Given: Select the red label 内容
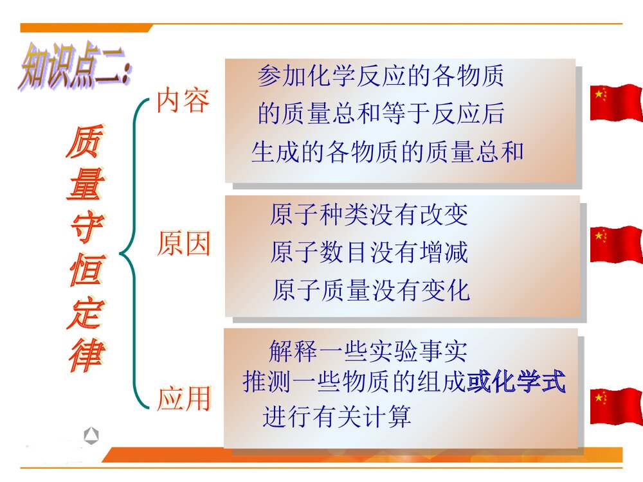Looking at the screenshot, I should tap(183, 102).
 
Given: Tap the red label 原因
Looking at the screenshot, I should tap(184, 245).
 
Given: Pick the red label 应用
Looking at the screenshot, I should tap(184, 399).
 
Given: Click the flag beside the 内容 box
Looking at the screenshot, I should tap(616, 102).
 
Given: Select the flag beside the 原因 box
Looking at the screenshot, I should tap(616, 244).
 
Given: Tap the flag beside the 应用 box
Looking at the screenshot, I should tap(616, 406).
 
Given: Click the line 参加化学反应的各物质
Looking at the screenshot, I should tap(381, 76).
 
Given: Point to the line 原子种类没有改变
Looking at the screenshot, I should tap(369, 215).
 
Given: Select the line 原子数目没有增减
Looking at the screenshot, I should tap(369, 252).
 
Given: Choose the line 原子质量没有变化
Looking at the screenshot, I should tap(371, 290).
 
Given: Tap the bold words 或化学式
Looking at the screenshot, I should tap(516, 382).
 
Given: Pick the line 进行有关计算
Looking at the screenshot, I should tap(337, 418).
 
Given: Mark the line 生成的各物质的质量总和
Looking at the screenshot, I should tap(388, 152).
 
